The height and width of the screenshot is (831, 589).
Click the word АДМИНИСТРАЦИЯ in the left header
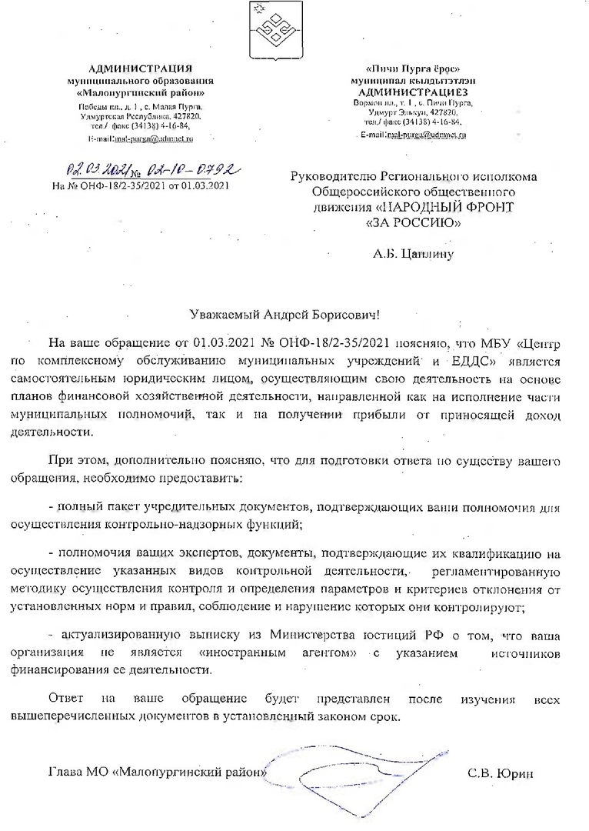click(x=141, y=70)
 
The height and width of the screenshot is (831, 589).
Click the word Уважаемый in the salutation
click(x=225, y=315)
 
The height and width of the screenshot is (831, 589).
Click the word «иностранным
click(x=235, y=652)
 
